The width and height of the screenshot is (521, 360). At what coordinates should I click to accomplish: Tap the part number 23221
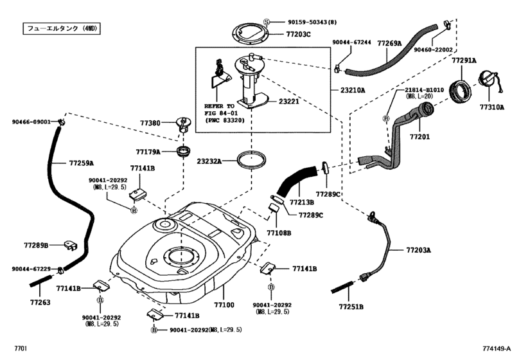pos(291,101)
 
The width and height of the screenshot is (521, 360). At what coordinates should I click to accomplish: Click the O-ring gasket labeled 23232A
pos(251,159)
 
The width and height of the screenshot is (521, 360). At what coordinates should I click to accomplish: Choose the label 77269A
pos(388,43)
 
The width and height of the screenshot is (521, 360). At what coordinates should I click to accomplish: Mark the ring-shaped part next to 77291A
pos(461,91)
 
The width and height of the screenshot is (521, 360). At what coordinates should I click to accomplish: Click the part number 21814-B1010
pos(423,89)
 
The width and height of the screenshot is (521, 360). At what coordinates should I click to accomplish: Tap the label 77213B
pos(301,202)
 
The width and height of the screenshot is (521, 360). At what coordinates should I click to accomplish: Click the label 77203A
pos(418,249)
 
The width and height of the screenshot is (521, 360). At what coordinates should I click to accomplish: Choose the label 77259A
pos(81,163)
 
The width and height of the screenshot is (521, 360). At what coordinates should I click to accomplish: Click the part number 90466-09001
pos(31,122)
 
